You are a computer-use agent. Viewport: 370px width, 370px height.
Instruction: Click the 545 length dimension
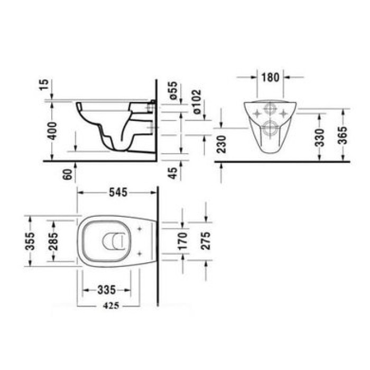[x=118, y=193]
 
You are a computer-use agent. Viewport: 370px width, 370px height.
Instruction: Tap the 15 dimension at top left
[x=45, y=85]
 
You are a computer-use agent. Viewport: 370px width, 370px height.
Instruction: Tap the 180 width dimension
[x=270, y=77]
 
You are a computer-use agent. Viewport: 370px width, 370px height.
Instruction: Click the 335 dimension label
[x=107, y=290]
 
